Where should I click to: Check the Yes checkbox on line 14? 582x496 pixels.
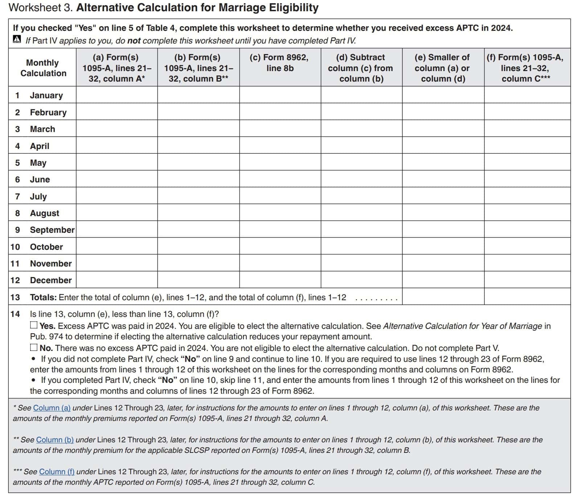click(34, 325)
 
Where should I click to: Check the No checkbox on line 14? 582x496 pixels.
click(34, 347)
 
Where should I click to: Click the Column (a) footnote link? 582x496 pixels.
click(52, 408)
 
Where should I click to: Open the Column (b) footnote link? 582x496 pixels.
click(55, 439)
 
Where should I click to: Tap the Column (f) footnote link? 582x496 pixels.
click(57, 471)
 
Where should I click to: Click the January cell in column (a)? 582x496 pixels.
click(117, 95)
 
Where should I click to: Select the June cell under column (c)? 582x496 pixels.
click(280, 179)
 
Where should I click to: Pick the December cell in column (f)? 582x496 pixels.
click(527, 280)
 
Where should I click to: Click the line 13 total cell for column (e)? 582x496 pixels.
click(443, 297)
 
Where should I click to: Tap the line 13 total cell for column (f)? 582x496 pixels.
click(527, 297)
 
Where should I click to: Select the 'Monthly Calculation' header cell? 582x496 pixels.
click(43, 68)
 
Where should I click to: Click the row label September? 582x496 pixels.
click(52, 230)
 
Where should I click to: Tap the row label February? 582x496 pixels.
click(48, 112)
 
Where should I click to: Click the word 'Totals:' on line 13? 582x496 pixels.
click(43, 297)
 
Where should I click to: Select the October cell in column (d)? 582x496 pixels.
click(361, 246)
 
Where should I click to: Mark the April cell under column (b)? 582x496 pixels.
click(198, 145)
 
